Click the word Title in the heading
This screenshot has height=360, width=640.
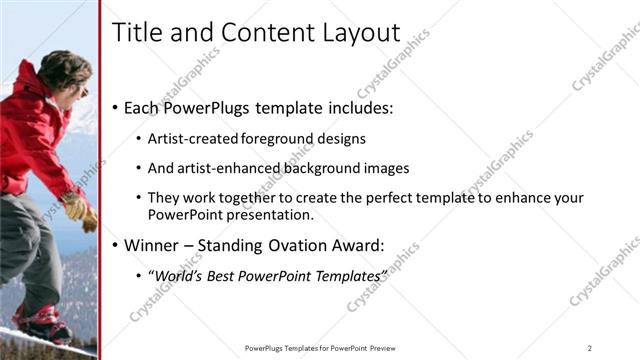point(135,32)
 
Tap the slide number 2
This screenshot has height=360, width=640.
point(590,348)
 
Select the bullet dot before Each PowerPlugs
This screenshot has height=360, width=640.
point(116,107)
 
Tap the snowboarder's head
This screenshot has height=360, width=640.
point(63,70)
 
